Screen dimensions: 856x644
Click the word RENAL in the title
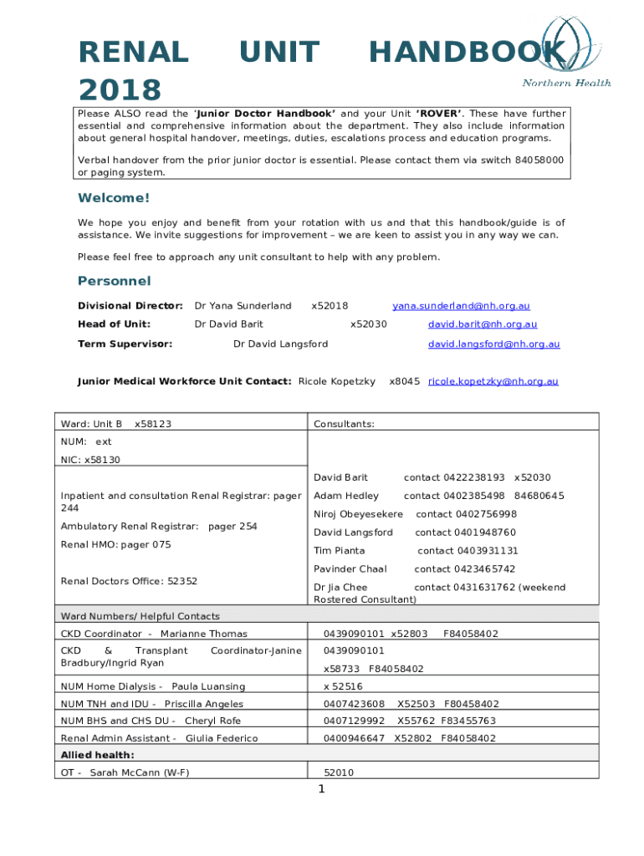click(x=133, y=53)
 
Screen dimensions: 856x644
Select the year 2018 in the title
click(x=120, y=89)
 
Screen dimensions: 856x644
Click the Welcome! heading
click(x=114, y=198)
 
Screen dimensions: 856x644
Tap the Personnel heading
click(x=114, y=280)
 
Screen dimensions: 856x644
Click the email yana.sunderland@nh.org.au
click(x=461, y=306)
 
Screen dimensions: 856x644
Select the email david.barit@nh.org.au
click(x=483, y=324)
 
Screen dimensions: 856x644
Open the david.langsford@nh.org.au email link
click(x=493, y=344)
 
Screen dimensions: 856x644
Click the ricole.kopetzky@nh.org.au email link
click(x=493, y=381)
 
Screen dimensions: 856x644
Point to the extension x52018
click(x=330, y=306)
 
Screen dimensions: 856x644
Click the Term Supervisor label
click(x=125, y=344)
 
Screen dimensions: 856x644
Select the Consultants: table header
click(x=344, y=424)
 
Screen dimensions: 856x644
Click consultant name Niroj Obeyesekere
click(x=358, y=514)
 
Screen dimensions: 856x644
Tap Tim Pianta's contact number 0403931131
click(x=468, y=551)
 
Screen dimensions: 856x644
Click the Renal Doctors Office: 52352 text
click(x=130, y=581)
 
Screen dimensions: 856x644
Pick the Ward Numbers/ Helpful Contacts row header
click(x=141, y=616)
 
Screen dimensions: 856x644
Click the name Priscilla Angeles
click(x=204, y=704)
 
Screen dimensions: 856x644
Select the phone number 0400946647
click(x=354, y=738)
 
